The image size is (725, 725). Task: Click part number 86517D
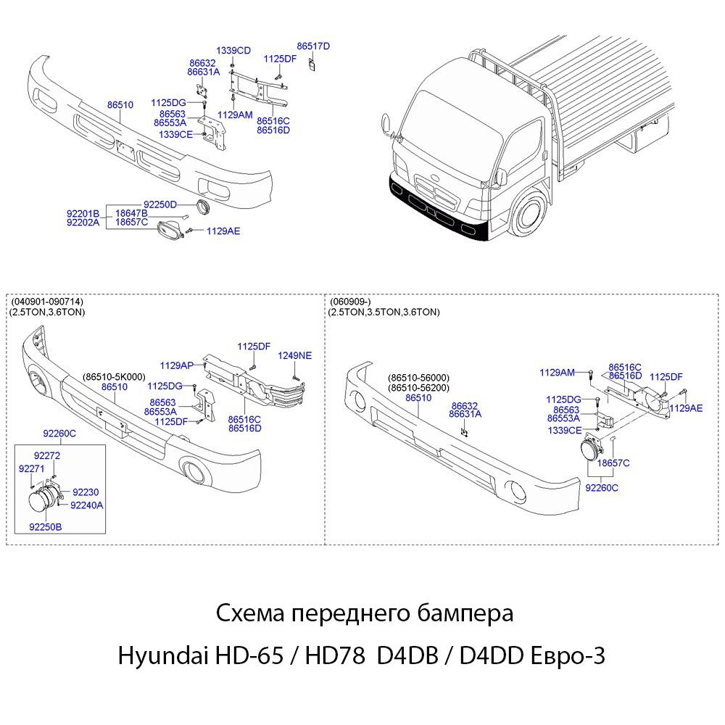point(313,46)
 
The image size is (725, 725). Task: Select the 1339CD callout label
point(233,51)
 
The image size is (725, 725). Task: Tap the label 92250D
point(160,204)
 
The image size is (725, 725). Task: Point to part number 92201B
point(83,213)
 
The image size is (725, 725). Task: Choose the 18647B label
point(131,213)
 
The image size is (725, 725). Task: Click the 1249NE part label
point(295,355)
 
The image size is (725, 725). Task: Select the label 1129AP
point(176,365)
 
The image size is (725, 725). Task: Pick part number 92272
point(47,455)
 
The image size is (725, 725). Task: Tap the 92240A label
point(87,504)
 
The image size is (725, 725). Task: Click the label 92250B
point(45,528)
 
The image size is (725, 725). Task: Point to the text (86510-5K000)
point(114,377)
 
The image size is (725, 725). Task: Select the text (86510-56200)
point(419,388)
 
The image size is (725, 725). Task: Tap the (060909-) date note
point(349,302)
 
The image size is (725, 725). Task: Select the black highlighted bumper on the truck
point(435,210)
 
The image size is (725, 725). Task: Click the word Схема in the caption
point(249,613)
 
